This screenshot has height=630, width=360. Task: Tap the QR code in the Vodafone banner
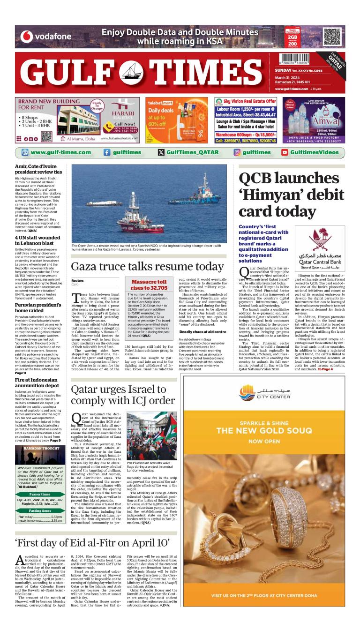pyautogui.click(x=332, y=37)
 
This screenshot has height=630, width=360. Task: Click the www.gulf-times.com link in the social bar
pyautogui.click(x=60, y=152)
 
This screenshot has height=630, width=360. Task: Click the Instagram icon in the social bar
pyautogui.click(x=237, y=152)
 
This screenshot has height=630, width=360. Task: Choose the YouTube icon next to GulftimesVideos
pyautogui.click(x=285, y=152)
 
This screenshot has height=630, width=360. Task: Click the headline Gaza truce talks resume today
pyautogui.click(x=147, y=267)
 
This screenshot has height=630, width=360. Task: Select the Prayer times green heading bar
pyautogui.click(x=40, y=494)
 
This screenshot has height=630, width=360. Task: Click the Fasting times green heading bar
pyautogui.click(x=40, y=510)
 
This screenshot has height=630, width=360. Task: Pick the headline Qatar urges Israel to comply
pyautogui.click(x=122, y=395)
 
